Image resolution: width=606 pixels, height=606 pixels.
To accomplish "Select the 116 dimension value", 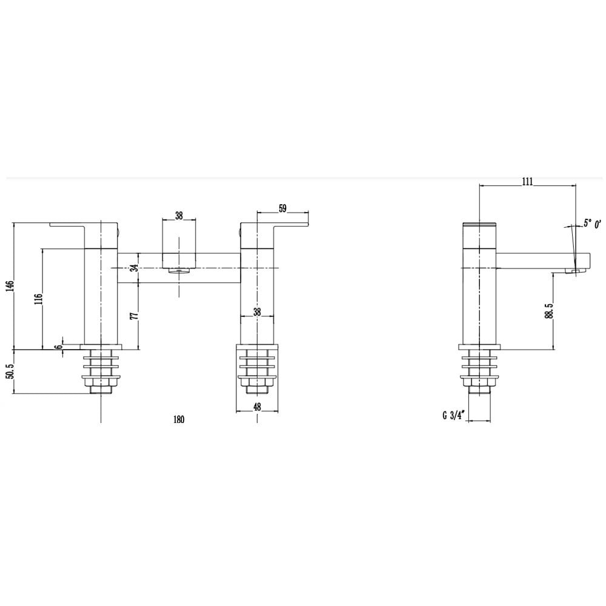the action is point(39,299).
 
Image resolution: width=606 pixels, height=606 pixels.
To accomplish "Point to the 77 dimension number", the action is point(134,315).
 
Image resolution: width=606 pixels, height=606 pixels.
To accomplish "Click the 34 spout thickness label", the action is point(134,268).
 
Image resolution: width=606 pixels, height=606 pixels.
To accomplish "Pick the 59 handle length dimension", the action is point(282,208).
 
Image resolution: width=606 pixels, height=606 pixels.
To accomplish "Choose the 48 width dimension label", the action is point(257,407).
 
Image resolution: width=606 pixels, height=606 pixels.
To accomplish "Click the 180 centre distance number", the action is point(179,419).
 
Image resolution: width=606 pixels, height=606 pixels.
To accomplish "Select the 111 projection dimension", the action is point(527,181).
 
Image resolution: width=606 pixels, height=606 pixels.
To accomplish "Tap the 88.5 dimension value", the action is point(549,310).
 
